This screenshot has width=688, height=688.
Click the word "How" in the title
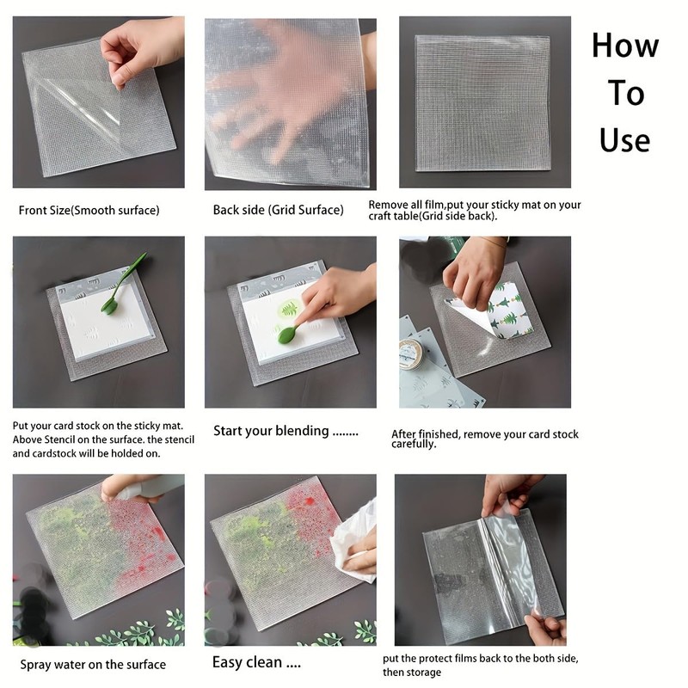[625, 46]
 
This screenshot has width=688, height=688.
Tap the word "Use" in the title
[625, 140]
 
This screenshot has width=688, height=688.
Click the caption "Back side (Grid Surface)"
[278, 210]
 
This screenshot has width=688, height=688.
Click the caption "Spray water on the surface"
[93, 665]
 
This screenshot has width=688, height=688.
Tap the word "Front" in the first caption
[32, 211]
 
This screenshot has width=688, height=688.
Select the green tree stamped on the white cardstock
[290, 310]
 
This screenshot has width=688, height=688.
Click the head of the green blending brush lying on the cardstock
[109, 306]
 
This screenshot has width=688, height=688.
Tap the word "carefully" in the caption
[414, 445]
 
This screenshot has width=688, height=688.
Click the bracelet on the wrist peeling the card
[496, 241]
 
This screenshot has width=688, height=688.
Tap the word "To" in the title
[626, 93]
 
